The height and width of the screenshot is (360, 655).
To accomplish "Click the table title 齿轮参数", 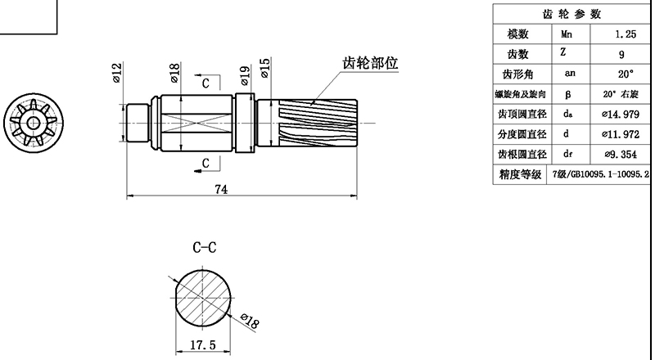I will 572,14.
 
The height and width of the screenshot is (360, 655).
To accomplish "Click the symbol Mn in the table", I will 567,34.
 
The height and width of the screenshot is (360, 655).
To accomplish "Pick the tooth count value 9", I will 621,54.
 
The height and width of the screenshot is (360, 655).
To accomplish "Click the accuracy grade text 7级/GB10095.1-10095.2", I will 601,173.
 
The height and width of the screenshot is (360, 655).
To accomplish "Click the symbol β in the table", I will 567,94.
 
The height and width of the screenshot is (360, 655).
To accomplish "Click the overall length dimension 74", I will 221,189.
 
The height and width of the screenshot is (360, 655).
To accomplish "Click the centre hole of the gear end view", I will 34,123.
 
